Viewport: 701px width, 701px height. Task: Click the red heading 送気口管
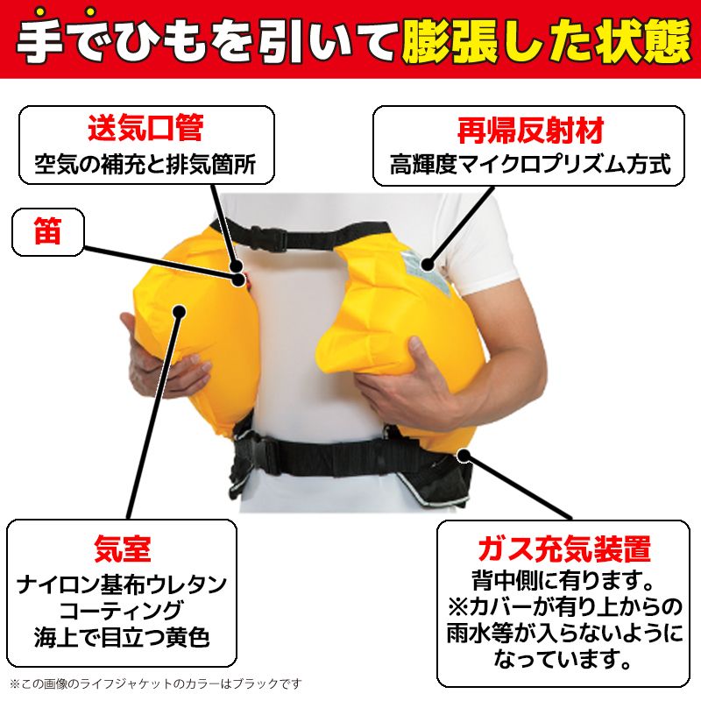click(x=145, y=129)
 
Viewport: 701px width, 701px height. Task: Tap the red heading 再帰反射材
click(x=530, y=131)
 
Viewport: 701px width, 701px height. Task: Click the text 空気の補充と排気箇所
click(x=145, y=164)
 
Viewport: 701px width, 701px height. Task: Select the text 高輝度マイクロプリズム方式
click(x=530, y=164)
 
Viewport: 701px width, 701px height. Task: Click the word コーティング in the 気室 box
click(x=122, y=608)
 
